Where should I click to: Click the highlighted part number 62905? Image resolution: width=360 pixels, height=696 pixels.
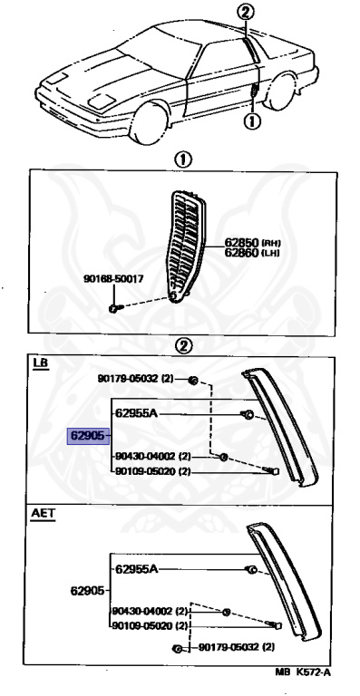[88, 436]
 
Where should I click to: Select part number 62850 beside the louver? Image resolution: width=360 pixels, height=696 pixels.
[241, 243]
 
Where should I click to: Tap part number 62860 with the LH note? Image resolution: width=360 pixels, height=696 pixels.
[241, 253]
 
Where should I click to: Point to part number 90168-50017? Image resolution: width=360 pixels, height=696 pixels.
[113, 279]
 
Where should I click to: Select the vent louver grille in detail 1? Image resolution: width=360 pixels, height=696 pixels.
[187, 246]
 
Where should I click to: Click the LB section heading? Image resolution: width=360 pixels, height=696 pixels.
[40, 363]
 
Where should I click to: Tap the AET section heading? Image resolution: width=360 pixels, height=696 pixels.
[43, 514]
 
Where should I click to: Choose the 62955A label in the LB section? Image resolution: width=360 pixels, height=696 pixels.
[137, 413]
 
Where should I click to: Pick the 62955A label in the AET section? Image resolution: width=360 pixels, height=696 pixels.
[137, 568]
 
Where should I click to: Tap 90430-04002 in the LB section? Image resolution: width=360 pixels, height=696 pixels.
[145, 456]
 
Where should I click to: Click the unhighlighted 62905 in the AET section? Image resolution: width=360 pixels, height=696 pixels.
[87, 591]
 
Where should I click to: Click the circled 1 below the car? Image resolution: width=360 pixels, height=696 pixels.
[252, 121]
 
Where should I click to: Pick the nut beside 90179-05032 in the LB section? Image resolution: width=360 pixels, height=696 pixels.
[193, 380]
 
